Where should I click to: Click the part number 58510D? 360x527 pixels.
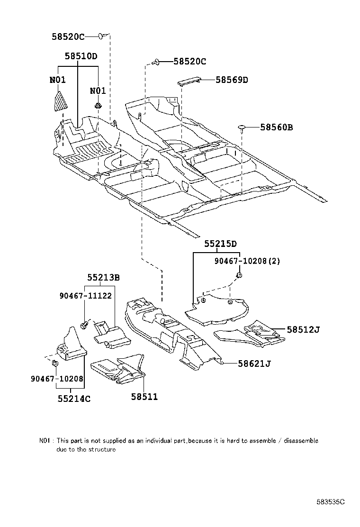click(81, 56)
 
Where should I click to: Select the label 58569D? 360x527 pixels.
click(232, 80)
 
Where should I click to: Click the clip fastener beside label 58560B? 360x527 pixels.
click(242, 127)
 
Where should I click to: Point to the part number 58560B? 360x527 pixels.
click(276, 127)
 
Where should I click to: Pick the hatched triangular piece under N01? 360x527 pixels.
click(59, 101)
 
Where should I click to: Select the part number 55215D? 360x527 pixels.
click(220, 244)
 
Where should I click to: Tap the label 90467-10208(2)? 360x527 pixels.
click(246, 261)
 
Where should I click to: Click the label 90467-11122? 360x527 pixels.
click(85, 295)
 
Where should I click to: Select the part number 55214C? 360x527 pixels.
click(74, 399)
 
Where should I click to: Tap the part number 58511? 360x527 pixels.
click(144, 397)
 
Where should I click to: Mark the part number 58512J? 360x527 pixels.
click(303, 329)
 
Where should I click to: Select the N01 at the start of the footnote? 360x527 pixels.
click(45, 441)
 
